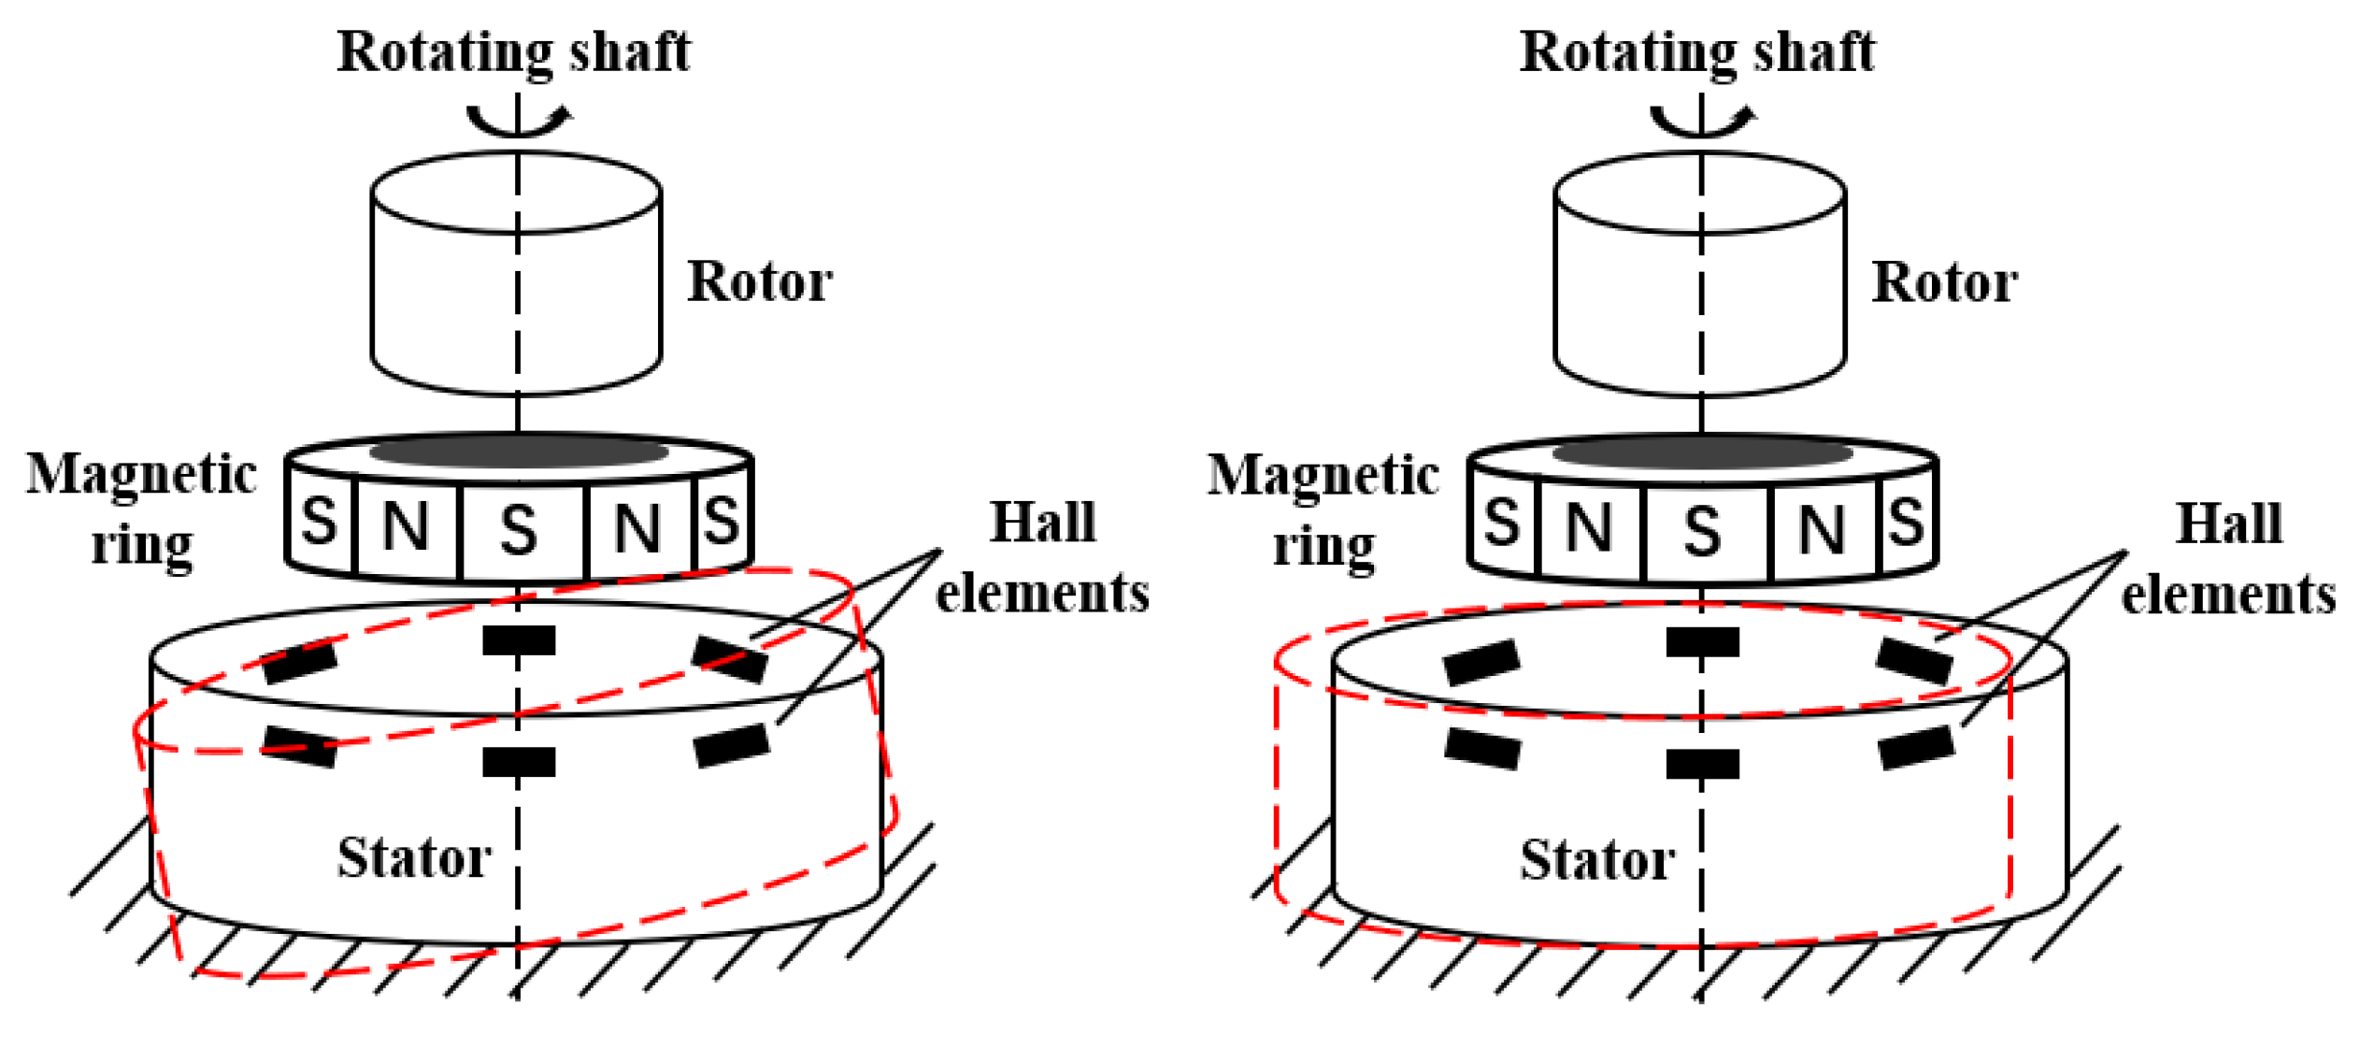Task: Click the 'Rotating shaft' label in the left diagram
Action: click(513, 51)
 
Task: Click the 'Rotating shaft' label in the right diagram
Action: click(1695, 51)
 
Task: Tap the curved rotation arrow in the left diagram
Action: click(520, 121)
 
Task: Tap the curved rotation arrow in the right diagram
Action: click(1703, 121)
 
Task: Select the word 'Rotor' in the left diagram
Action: click(759, 281)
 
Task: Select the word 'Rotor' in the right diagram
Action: click(1943, 282)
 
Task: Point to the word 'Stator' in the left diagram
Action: click(414, 857)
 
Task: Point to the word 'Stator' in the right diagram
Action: click(1596, 859)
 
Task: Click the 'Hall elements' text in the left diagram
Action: click(1042, 557)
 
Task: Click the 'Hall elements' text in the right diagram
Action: click(2228, 559)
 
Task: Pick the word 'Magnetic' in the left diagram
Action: click(141, 474)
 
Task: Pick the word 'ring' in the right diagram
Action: click(1323, 545)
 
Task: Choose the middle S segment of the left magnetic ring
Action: click(520, 529)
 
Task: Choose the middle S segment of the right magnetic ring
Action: click(1702, 530)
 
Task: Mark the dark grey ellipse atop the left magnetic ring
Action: click(520, 452)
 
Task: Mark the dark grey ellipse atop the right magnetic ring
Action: click(1702, 453)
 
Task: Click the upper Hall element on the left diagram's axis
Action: click(520, 640)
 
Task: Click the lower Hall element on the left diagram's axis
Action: click(520, 762)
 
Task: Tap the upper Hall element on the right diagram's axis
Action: click(1702, 642)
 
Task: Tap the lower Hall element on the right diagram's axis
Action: click(1702, 764)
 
